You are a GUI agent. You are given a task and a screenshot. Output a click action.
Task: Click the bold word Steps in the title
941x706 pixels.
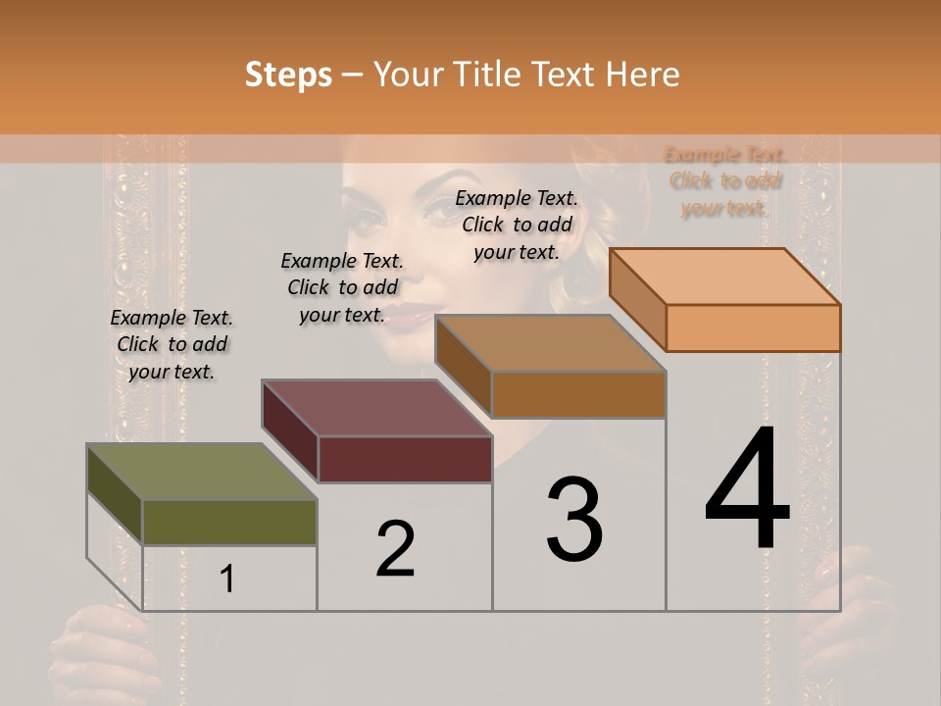288,75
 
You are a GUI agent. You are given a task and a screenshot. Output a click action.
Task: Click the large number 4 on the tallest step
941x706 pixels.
747,490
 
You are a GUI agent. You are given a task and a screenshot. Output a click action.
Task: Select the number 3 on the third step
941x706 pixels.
574,520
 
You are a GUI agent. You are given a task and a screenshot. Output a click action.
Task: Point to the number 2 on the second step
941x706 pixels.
395,550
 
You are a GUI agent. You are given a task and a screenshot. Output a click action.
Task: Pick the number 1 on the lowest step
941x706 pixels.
227,580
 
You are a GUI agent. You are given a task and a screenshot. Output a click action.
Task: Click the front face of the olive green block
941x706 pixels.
229,523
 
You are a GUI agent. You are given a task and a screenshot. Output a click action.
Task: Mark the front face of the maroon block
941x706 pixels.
405,459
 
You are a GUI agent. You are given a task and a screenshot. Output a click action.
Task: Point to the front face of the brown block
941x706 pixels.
578,395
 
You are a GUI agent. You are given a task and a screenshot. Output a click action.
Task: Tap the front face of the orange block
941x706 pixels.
753,328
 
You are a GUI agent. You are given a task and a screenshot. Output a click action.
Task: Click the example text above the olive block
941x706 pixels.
172,344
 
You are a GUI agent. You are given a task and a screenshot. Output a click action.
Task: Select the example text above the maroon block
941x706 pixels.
342,287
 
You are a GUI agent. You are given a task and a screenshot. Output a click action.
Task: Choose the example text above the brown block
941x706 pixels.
517,225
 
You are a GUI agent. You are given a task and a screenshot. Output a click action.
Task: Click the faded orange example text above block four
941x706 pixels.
725,181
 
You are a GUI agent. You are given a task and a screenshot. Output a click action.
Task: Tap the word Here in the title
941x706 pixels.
647,75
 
